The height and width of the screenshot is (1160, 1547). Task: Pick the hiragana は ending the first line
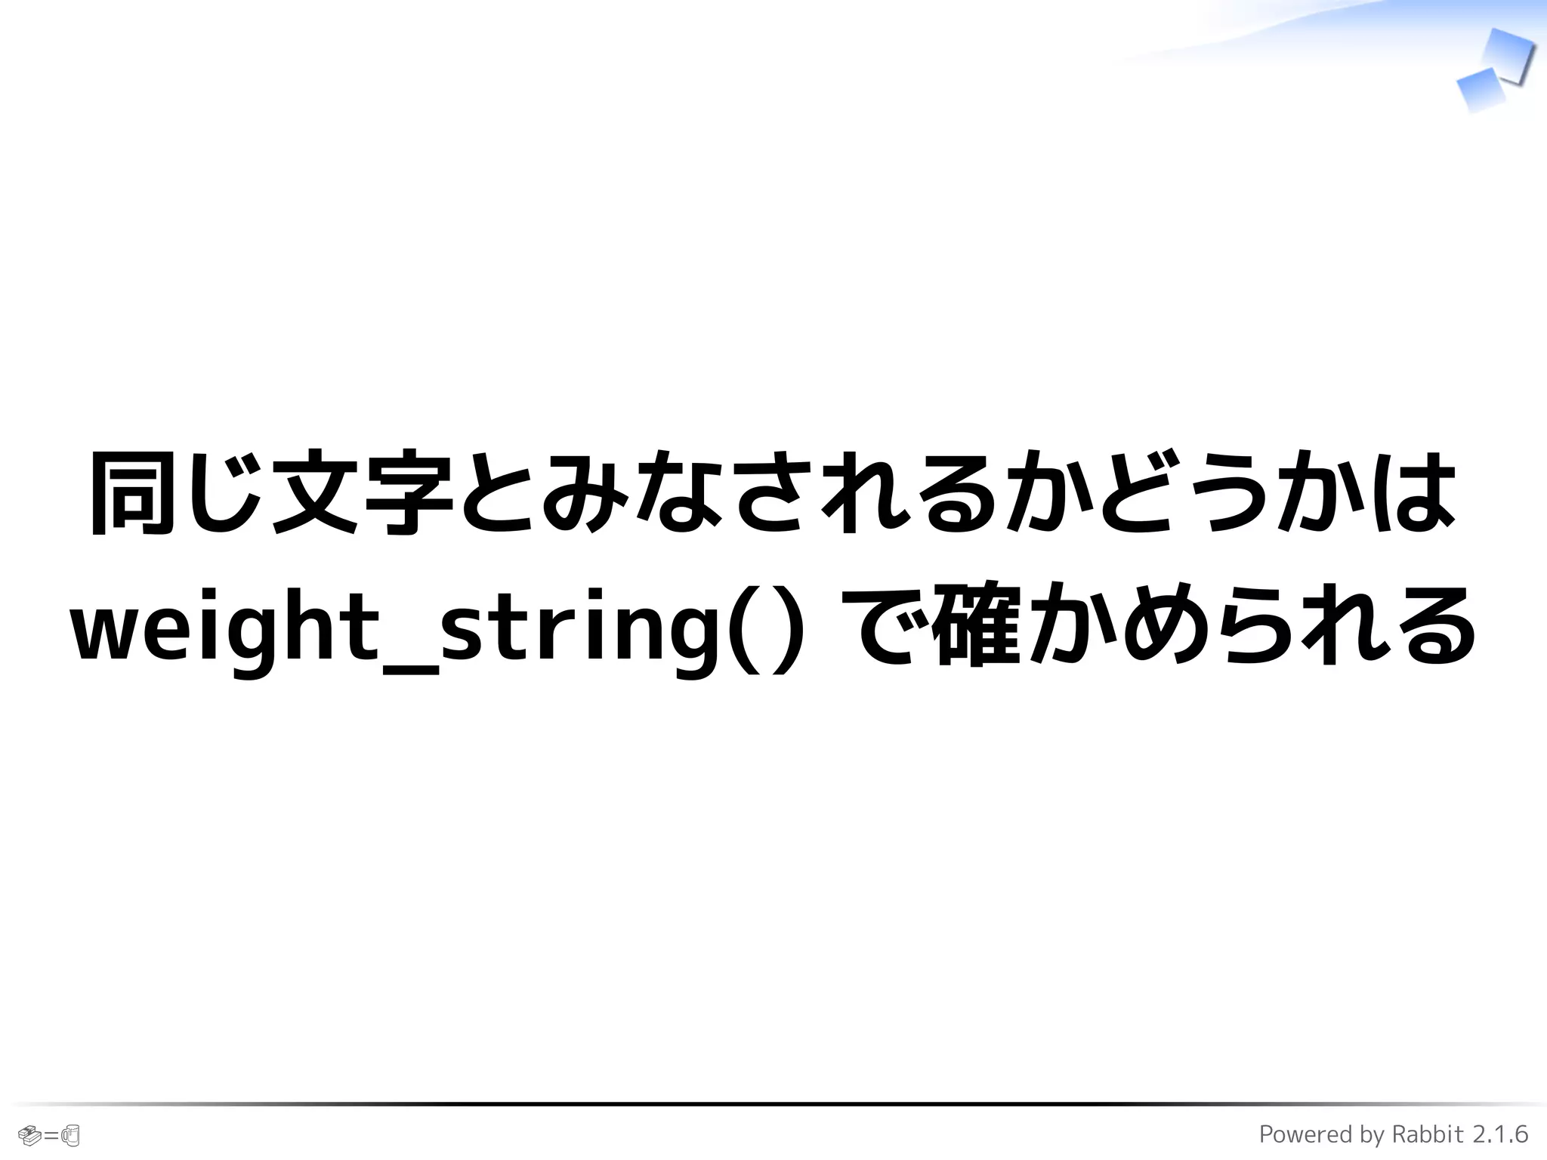click(x=1414, y=492)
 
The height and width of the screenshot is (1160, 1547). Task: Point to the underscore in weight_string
click(x=411, y=669)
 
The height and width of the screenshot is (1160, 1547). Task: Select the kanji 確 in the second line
click(x=976, y=625)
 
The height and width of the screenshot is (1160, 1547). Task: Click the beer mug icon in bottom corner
click(x=70, y=1134)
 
